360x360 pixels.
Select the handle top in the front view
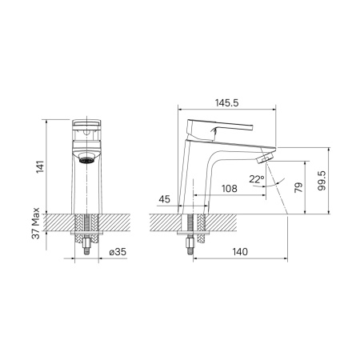[x=89, y=126]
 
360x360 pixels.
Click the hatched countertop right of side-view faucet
[x=256, y=222]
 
